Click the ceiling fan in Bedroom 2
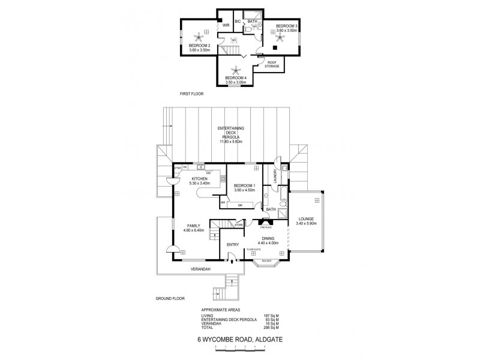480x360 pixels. click(x=197, y=35)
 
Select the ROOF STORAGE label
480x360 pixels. click(x=273, y=64)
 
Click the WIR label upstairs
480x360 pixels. click(x=226, y=26)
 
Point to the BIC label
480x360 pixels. click(x=238, y=22)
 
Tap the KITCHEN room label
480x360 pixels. click(x=199, y=178)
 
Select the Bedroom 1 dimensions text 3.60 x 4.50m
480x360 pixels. click(x=245, y=190)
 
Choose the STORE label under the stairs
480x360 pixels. click(x=238, y=225)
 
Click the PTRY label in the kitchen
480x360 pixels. click(x=178, y=168)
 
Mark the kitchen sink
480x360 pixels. click(x=200, y=166)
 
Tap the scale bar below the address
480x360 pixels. click(x=240, y=347)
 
